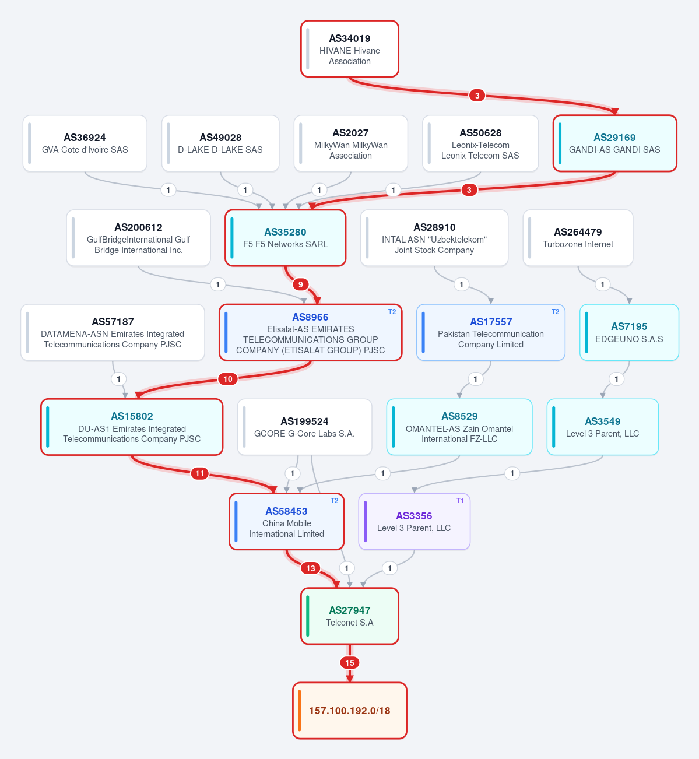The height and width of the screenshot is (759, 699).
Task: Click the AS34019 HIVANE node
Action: pyautogui.click(x=349, y=49)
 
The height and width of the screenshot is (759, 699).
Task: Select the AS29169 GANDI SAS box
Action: pyautogui.click(x=614, y=143)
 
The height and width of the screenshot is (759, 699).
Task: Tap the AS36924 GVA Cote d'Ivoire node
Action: pyautogui.click(x=85, y=143)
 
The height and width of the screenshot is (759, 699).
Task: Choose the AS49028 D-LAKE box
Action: pyautogui.click(x=220, y=143)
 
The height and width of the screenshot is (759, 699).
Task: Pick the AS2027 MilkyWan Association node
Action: pyautogui.click(x=350, y=143)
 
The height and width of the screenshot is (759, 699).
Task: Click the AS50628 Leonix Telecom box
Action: pyautogui.click(x=480, y=143)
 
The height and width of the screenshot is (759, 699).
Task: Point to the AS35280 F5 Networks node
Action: pyautogui.click(x=285, y=238)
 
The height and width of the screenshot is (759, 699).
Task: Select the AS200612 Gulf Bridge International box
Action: pyautogui.click(x=138, y=238)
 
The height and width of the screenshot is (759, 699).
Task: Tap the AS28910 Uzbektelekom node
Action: pyautogui.click(x=434, y=238)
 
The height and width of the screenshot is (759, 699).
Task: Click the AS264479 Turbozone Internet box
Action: pyautogui.click(x=578, y=238)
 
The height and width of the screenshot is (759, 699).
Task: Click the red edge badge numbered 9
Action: pyautogui.click(x=300, y=284)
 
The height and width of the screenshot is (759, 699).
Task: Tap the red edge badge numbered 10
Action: pyautogui.click(x=228, y=379)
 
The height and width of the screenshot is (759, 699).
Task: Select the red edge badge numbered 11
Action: pyautogui.click(x=200, y=473)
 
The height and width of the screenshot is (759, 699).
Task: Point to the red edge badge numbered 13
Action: pyautogui.click(x=311, y=568)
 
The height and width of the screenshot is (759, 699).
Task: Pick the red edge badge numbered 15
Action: pyautogui.click(x=350, y=663)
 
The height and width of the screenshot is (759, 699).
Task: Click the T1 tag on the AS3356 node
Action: pyautogui.click(x=460, y=501)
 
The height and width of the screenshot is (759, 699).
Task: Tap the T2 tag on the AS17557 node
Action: pyautogui.click(x=555, y=312)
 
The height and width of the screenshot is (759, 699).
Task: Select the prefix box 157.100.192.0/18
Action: pyautogui.click(x=350, y=711)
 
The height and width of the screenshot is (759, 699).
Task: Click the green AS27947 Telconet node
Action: pyautogui.click(x=350, y=616)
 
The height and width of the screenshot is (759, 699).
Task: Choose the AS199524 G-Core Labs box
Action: pyautogui.click(x=305, y=427)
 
